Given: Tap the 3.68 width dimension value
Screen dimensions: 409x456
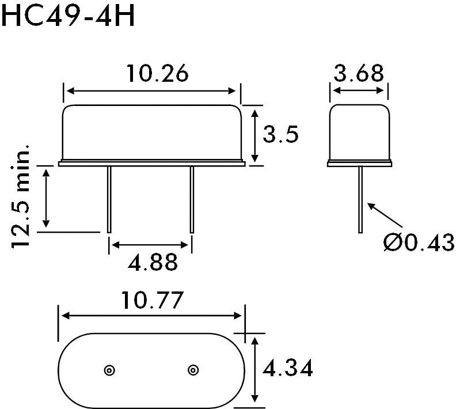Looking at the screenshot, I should click(358, 74).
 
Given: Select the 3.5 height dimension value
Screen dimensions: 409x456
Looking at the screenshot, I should click(280, 135).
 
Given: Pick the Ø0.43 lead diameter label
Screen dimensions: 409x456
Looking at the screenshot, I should click(419, 243).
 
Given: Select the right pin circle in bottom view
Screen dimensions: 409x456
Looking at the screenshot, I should click(193, 370).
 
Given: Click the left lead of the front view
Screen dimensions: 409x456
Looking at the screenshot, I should click(109, 199).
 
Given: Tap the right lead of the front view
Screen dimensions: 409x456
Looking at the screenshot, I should click(192, 199).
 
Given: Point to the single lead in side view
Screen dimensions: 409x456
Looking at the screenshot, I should click(360, 199).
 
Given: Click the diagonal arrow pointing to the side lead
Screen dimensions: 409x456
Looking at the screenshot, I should click(384, 217).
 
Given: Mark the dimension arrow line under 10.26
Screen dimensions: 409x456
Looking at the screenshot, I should click(151, 90).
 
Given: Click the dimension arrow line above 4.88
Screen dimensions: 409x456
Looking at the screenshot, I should click(151, 245).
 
